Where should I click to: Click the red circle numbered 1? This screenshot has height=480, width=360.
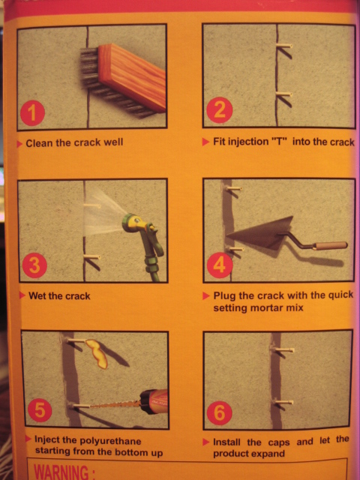click(32, 113)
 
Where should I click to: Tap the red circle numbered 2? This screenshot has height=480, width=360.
click(220, 110)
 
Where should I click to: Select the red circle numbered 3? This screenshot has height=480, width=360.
click(34, 265)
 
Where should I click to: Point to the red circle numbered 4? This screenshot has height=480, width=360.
click(220, 265)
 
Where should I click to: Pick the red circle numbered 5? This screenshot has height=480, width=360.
click(40, 410)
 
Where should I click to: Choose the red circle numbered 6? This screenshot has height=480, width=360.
click(219, 413)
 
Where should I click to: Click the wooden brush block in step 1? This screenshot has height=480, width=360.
click(132, 76)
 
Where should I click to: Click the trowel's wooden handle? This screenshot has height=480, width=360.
click(331, 245)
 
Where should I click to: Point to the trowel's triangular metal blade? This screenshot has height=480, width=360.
click(263, 232)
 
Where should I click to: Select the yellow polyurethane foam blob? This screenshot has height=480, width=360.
click(97, 353)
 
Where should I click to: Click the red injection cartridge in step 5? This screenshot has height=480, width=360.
click(154, 401)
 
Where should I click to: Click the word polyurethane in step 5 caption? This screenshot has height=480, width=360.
click(110, 441)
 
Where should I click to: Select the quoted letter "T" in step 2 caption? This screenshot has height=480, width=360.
click(279, 142)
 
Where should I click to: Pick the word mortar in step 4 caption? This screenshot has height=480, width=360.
click(266, 307)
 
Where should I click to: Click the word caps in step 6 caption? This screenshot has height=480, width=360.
click(279, 443)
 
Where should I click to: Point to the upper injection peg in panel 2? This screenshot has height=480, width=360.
click(284, 46)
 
